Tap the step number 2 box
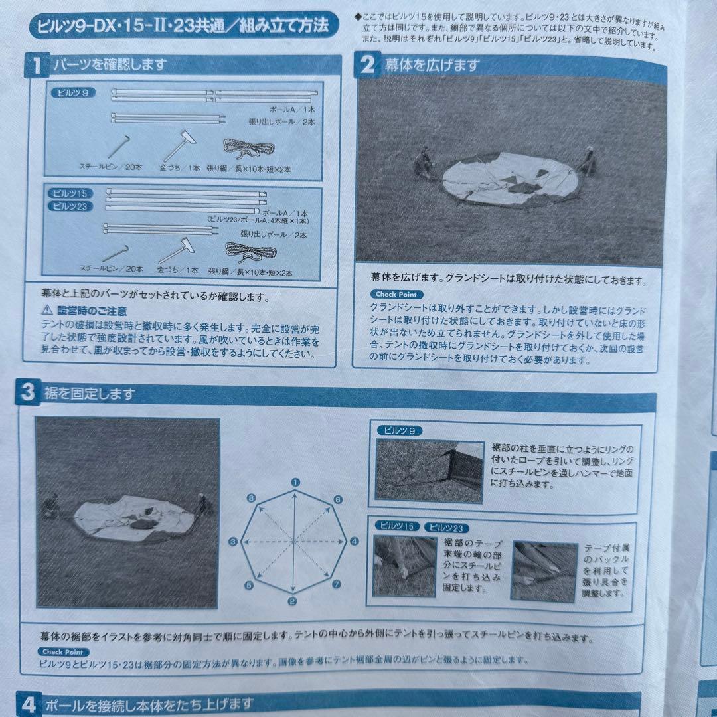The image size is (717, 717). [366, 65]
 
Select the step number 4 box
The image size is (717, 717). [28, 704]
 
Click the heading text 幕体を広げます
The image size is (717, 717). [432, 65]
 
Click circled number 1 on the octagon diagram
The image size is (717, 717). [295, 483]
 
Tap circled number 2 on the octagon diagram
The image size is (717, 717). [293, 602]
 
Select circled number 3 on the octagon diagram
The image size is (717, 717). [233, 542]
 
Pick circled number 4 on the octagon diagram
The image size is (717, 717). [354, 542]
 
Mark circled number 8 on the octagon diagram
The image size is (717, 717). [252, 498]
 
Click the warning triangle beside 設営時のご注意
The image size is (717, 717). [46, 309]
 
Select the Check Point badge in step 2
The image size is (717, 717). [396, 294]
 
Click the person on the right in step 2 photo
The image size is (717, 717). [586, 161]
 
